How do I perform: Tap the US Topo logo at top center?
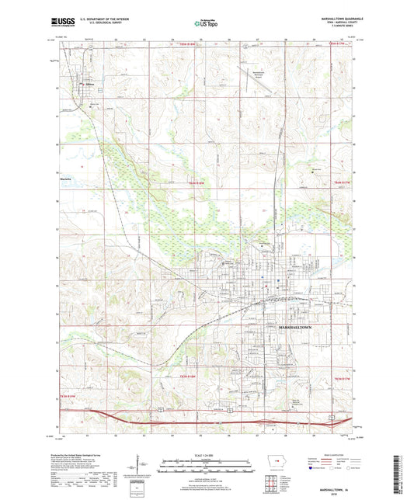click(204, 25)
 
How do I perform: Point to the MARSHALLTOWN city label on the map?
click(296, 329)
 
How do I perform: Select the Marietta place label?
click(66, 178)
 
